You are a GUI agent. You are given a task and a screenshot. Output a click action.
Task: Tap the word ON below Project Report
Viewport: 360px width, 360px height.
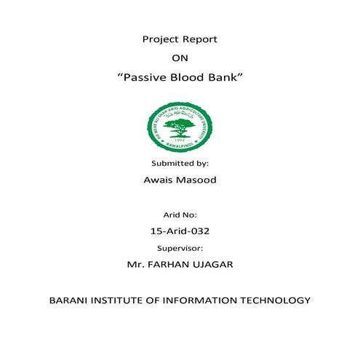tap(180, 58)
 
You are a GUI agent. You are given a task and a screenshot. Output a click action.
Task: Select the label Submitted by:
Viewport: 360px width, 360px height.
tap(180, 164)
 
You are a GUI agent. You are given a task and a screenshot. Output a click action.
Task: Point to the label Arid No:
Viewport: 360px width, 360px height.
tap(180, 215)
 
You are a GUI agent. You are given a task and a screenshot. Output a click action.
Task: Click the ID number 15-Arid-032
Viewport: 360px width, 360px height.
tap(180, 231)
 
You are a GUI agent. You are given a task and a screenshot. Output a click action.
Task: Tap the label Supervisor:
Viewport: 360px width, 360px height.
tap(180, 248)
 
